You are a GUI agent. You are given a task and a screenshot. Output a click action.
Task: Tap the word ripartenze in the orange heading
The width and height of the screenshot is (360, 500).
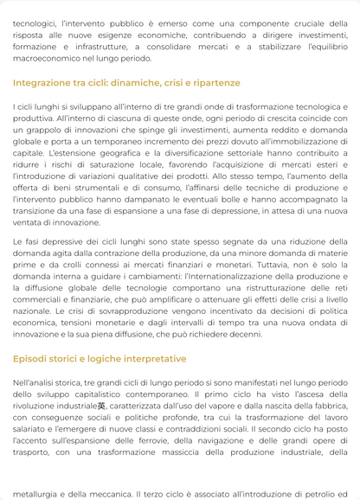[x=212, y=83]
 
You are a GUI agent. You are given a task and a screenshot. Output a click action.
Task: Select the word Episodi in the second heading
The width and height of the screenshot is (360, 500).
[x=30, y=358]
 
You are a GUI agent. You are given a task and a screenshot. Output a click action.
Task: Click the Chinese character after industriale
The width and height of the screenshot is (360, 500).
[x=101, y=405]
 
